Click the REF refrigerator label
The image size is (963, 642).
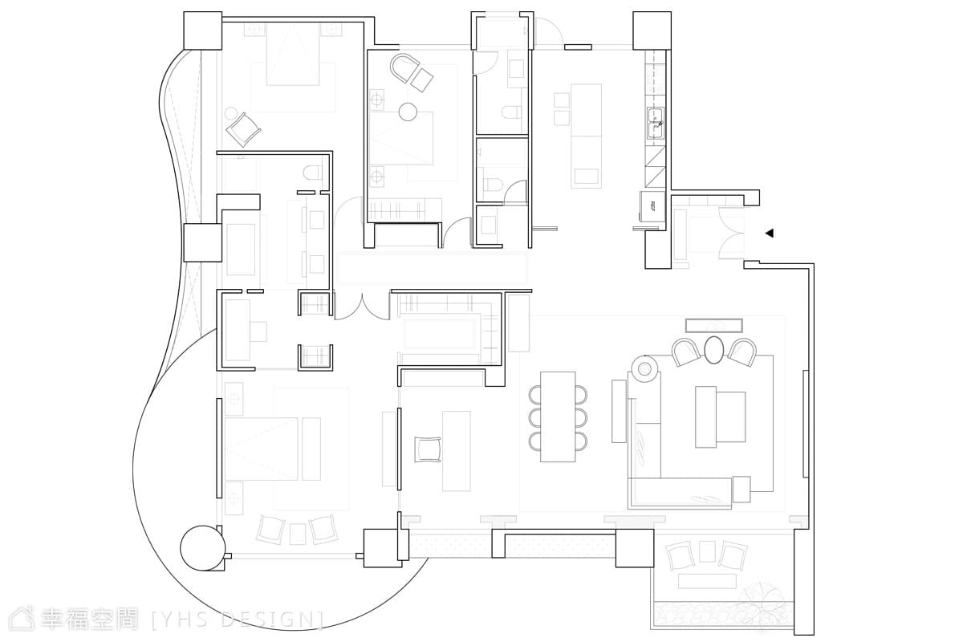[x=652, y=206]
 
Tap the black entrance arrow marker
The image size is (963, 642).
[x=770, y=234]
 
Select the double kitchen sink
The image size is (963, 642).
[x=656, y=124]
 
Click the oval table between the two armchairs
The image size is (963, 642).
[x=713, y=350]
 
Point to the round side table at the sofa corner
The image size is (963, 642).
[x=644, y=369]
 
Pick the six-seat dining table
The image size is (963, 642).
[x=558, y=416]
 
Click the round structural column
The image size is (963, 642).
[x=202, y=548]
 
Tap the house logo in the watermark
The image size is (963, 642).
[x=22, y=619]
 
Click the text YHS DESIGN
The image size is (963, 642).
[x=238, y=620]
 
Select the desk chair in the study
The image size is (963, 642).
[x=428, y=449]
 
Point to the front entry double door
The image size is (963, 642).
[x=731, y=233]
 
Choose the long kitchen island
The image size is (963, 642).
[x=586, y=136]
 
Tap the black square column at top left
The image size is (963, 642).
[x=203, y=30]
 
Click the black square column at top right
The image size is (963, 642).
[x=652, y=30]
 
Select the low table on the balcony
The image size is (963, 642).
[x=707, y=582]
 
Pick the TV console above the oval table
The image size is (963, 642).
[x=714, y=326]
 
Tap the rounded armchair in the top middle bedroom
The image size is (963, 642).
[x=404, y=67]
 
